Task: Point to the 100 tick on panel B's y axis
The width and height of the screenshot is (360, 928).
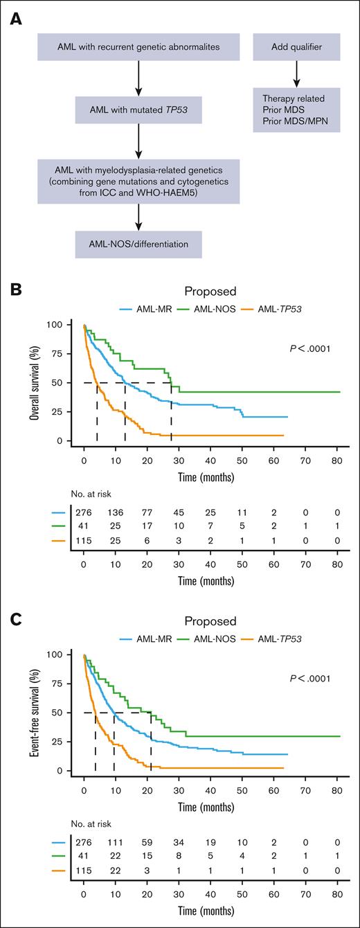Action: point(69,325)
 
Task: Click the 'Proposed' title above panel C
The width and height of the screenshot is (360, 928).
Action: point(206,621)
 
